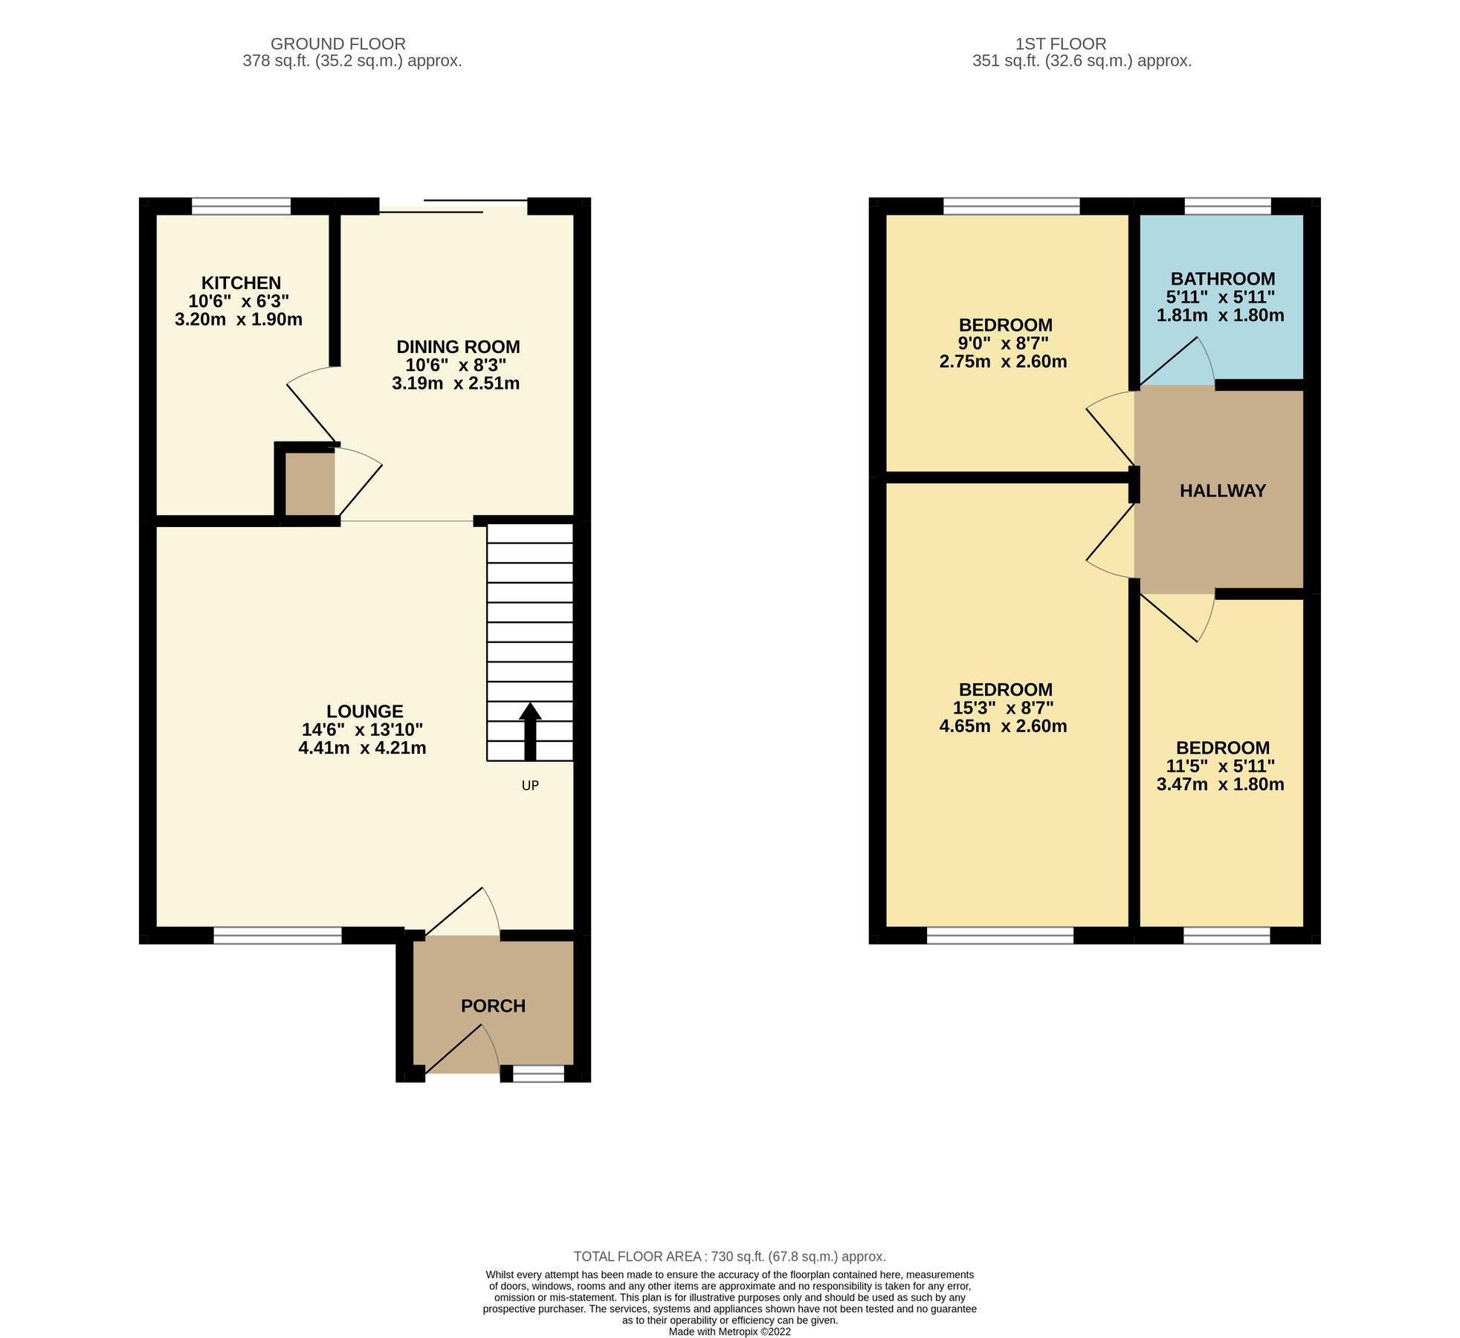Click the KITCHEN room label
point(241,282)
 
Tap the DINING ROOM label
point(458,346)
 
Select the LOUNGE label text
point(364,711)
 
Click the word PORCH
point(493,1006)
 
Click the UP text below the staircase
point(530,786)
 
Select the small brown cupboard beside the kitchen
point(310,484)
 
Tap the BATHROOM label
point(1223,279)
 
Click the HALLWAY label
point(1223,491)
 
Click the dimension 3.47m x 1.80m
point(1220,784)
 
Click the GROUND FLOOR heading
point(338,44)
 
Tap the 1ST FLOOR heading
point(1061,44)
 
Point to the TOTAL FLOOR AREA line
point(729,1256)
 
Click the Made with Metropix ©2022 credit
point(729,1331)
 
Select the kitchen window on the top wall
point(241,206)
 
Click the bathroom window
point(1227,206)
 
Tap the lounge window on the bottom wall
point(277,935)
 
